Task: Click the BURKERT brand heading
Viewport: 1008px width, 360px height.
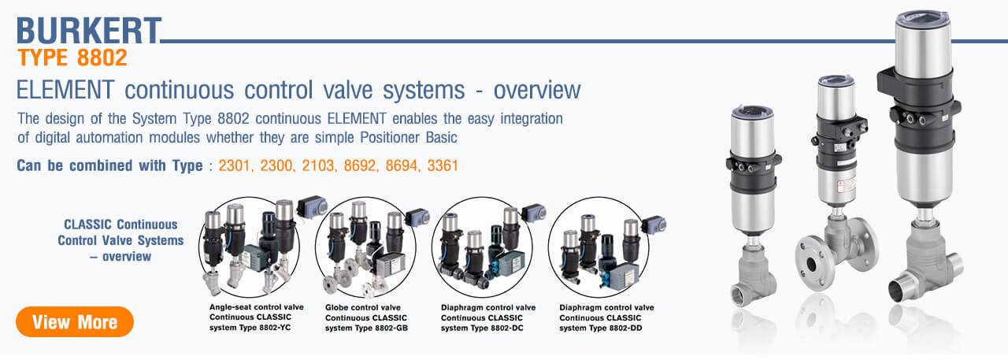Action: [88, 31]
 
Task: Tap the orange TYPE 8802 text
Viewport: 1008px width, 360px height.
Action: [72, 58]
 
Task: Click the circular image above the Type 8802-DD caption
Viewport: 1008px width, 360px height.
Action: [598, 245]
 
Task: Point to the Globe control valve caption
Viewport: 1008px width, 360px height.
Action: [362, 307]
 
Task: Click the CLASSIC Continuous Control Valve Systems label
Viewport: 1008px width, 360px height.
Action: [120, 240]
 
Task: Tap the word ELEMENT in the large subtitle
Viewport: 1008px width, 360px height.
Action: [61, 90]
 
